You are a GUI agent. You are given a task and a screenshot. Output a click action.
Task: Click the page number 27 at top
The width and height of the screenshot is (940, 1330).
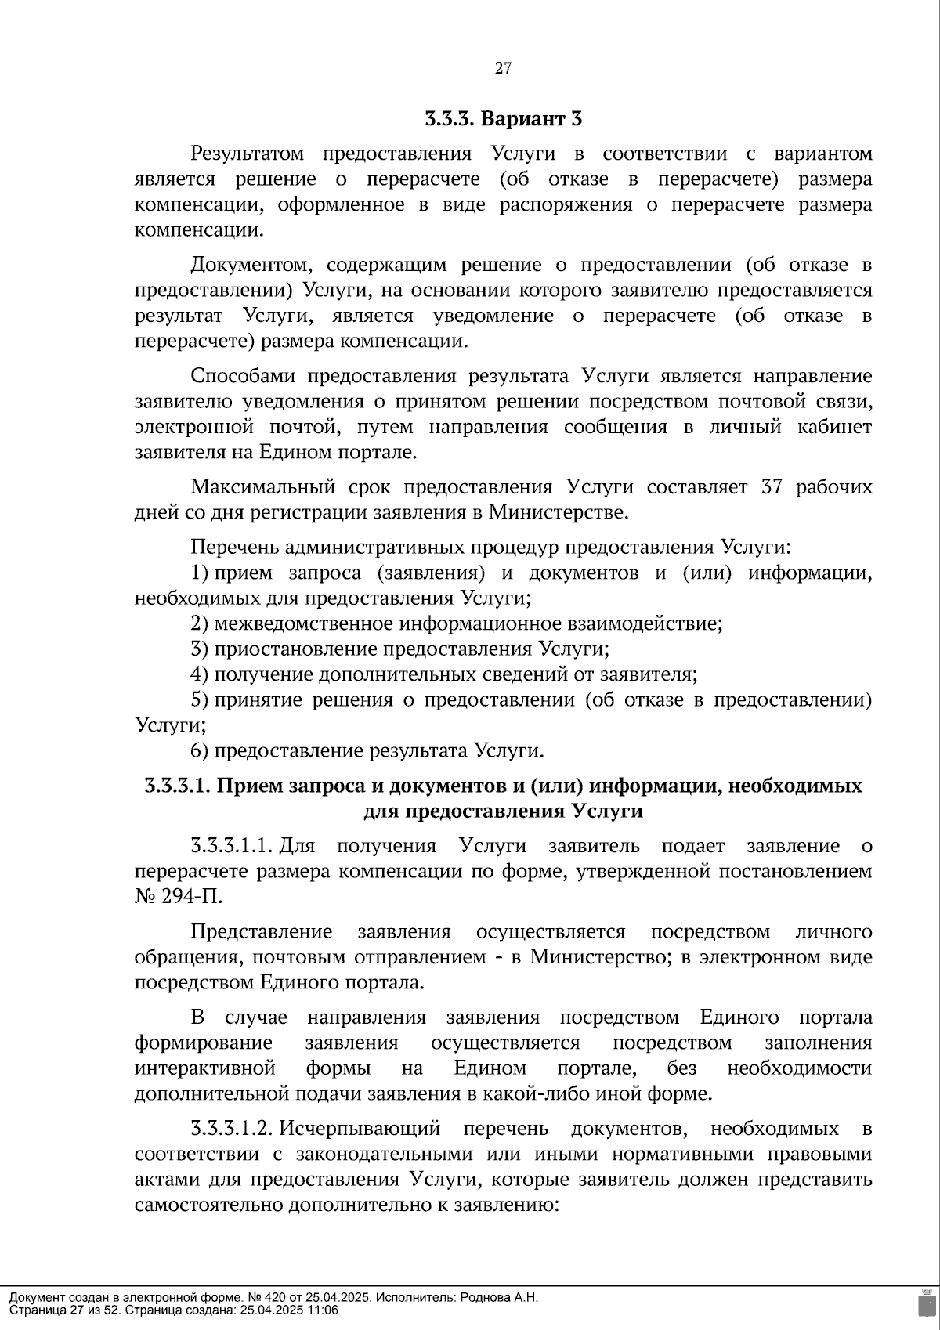click(x=503, y=68)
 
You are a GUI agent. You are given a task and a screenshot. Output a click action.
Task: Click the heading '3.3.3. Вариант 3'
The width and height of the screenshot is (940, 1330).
click(x=503, y=119)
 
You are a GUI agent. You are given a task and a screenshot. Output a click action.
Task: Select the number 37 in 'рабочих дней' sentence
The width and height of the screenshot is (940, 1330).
click(x=772, y=487)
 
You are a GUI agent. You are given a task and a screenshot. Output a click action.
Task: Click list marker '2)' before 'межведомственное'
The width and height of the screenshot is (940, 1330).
click(x=199, y=624)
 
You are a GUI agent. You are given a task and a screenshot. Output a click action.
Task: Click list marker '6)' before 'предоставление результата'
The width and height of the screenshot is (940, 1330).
click(x=199, y=751)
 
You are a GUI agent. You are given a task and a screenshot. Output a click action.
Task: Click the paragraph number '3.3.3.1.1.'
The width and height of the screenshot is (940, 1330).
click(x=231, y=846)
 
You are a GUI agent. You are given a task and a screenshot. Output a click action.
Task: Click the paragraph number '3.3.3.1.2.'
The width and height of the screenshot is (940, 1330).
click(x=231, y=1129)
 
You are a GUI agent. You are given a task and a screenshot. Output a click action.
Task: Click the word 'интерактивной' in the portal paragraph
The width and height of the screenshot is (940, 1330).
click(x=205, y=1069)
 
